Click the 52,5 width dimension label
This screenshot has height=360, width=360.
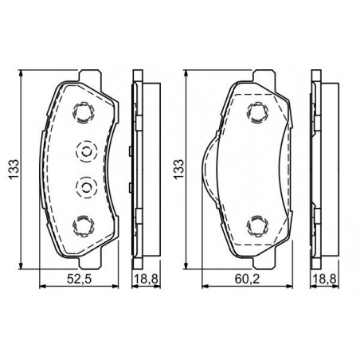coord(79,279)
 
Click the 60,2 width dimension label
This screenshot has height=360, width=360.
coord(247,279)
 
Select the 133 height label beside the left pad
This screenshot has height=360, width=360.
coord(14,170)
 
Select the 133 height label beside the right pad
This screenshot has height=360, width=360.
coord(178,170)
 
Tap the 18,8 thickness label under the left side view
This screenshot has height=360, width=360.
coord(146,279)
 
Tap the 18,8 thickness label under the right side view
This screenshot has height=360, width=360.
coord(324,279)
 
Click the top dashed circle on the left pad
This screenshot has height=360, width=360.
coord(84,112)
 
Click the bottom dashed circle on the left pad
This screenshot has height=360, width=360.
coord(84,225)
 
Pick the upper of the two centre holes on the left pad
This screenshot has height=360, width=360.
coord(86,151)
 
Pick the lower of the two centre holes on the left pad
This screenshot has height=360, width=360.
coord(86,187)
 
